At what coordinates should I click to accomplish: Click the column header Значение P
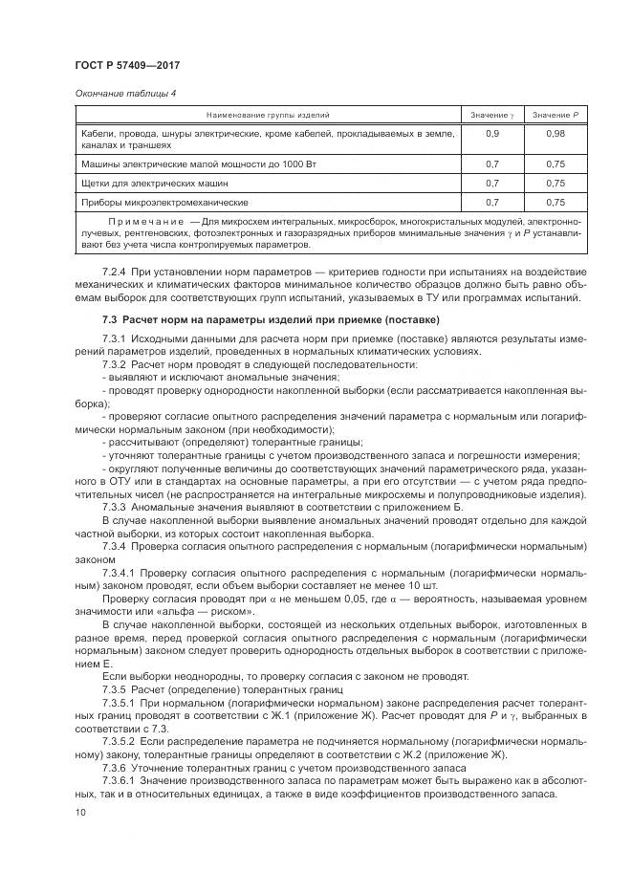[556, 115]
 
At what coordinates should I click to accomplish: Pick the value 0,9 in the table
[492, 133]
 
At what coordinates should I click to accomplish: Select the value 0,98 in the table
[556, 133]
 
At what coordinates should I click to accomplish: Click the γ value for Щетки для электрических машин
[492, 183]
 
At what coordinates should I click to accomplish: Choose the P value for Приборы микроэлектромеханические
[556, 202]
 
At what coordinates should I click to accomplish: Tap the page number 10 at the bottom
[80, 813]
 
